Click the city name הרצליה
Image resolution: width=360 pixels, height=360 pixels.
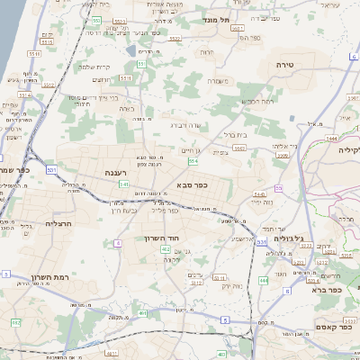pos(58,222)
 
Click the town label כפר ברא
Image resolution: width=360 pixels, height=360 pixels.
pos(328,290)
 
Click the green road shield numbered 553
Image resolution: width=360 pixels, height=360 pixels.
pos(96,19)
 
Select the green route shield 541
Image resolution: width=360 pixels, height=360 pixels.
pos(123,184)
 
